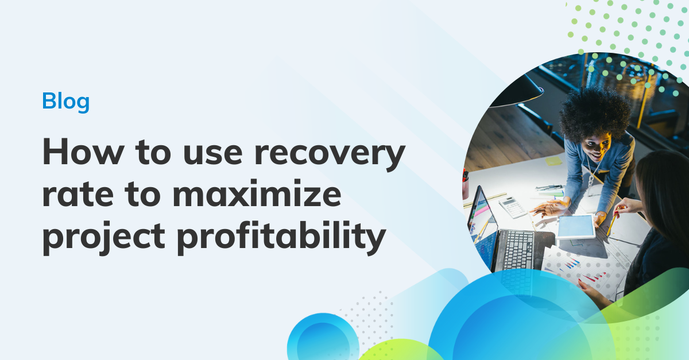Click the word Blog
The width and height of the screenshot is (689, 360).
pyautogui.click(x=66, y=102)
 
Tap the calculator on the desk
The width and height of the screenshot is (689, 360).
pyautogui.click(x=512, y=207)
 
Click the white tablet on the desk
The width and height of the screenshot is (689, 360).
pyautogui.click(x=576, y=226)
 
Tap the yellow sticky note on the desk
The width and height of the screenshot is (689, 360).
pyautogui.click(x=553, y=161)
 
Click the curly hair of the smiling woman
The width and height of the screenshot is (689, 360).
pyautogui.click(x=595, y=111)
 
